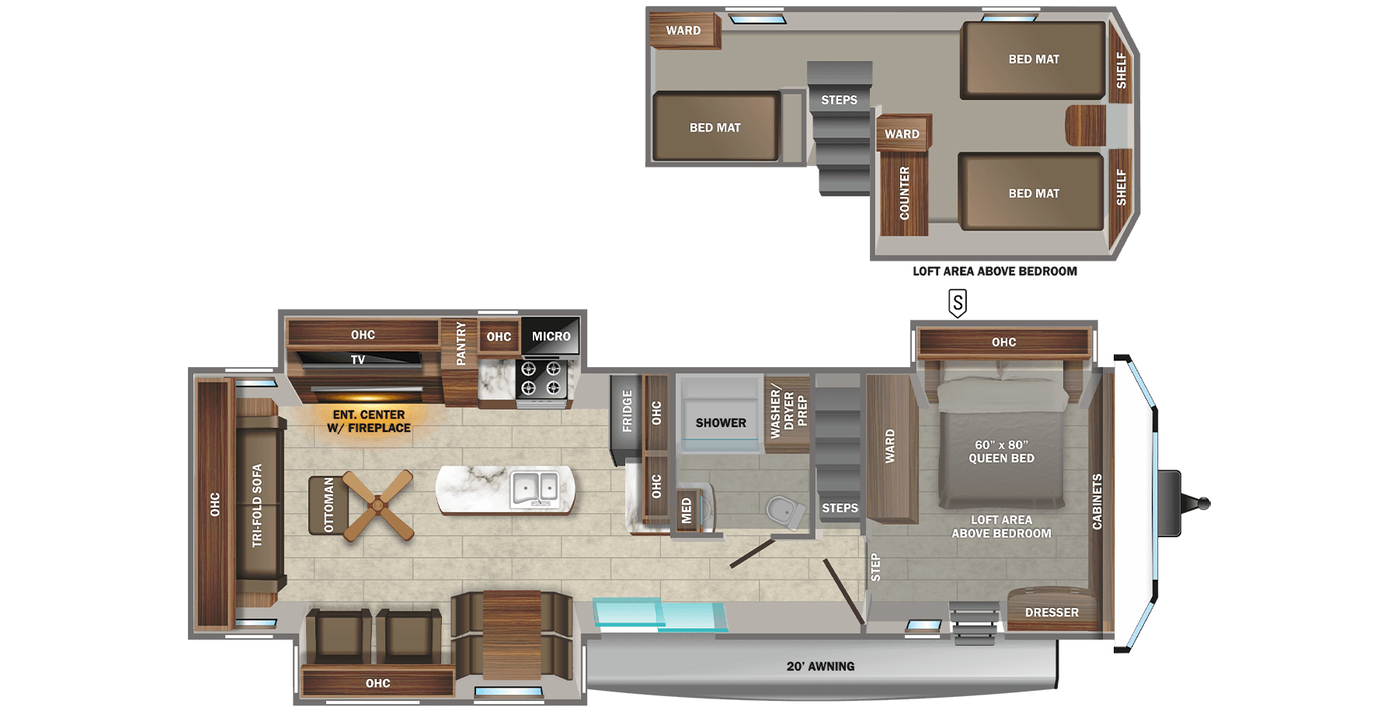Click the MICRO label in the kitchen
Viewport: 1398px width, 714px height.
pos(551,336)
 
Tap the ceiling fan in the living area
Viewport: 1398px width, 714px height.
pos(378,505)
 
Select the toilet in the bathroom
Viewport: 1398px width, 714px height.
pos(784,511)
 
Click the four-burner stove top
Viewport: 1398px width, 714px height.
pos(541,378)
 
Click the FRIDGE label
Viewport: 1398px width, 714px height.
pos(627,411)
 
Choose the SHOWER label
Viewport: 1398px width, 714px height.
pos(721,423)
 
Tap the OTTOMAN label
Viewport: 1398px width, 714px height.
pos(329,505)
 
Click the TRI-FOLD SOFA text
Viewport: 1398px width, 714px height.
pos(257,505)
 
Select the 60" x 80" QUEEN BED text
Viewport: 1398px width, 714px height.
pos(1001,452)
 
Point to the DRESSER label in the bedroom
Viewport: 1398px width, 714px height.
pos(1052,612)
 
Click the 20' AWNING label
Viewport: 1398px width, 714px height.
pos(820,666)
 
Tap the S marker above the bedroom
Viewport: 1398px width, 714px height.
pos(958,303)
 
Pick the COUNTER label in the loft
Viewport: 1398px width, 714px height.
pos(904,193)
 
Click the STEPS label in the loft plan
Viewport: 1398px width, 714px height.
pos(839,100)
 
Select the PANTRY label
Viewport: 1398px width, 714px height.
pos(461,344)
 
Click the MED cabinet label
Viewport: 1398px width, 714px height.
pos(687,511)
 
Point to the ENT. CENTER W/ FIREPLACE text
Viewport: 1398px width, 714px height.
pos(368,421)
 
